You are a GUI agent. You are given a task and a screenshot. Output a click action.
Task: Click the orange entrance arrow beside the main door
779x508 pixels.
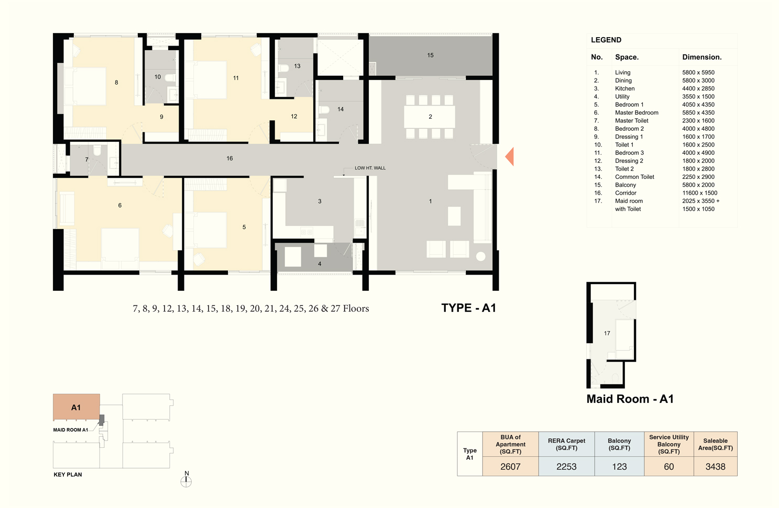point(510,156)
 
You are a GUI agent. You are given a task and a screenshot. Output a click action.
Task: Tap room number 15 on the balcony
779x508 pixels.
point(430,55)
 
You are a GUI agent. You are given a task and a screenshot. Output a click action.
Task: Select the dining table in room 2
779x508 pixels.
point(430,117)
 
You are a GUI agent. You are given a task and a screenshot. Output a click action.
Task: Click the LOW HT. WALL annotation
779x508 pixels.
point(370,168)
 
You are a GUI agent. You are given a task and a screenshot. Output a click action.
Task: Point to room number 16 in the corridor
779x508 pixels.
point(229,159)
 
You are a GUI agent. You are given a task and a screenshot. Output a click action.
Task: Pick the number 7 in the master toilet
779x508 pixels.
point(86,160)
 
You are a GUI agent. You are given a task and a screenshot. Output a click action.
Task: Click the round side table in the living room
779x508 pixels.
point(480,256)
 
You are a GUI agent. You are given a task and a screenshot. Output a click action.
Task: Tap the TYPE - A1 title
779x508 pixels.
point(468,308)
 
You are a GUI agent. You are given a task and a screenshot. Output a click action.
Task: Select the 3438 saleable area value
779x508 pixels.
point(716,467)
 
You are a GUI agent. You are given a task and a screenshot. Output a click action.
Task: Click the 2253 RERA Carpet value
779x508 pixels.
point(566,467)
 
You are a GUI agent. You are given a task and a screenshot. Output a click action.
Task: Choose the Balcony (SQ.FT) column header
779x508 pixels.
point(619,444)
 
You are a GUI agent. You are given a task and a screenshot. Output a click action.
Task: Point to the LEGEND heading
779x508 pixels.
point(606,40)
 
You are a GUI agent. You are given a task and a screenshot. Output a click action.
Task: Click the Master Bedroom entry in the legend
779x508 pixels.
point(637,112)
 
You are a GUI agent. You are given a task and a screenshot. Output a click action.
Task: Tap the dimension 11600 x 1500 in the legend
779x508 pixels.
point(700,193)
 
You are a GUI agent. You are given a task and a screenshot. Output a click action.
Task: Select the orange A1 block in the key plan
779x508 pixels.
point(76,407)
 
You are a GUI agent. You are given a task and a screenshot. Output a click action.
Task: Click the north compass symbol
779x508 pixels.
point(186,481)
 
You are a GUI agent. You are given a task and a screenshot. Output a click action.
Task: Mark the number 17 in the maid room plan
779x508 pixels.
point(607,333)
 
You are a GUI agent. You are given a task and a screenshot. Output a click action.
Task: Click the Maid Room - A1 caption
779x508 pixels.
point(630,399)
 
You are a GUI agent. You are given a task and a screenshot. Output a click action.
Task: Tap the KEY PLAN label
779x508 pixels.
point(68,475)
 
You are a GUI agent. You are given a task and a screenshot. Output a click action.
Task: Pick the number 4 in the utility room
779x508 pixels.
point(320,264)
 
